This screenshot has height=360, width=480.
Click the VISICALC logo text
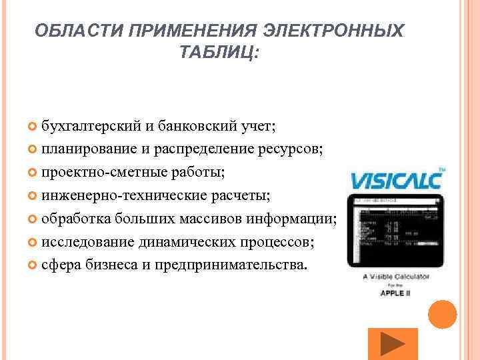click(397, 180)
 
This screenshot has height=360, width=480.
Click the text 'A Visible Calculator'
click(396, 276)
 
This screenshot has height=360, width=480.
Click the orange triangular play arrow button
click(393, 343)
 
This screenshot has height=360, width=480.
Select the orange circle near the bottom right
click(441, 314)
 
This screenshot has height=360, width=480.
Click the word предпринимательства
click(231, 265)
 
